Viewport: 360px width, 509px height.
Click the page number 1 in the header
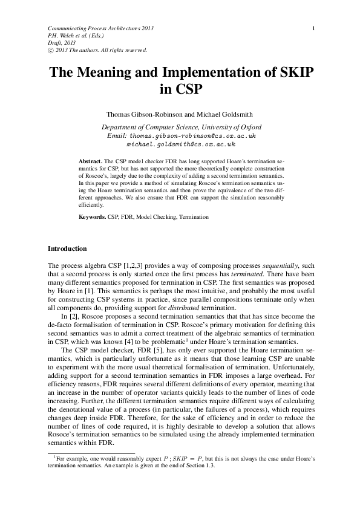[313, 28]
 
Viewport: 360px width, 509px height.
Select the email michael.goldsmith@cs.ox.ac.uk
[180, 145]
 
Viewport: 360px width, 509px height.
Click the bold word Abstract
[91, 162]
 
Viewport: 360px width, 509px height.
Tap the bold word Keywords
[93, 216]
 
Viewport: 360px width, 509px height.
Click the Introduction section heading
[67, 248]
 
